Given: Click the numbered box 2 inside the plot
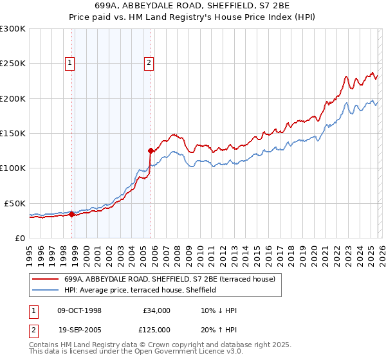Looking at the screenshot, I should point(149,62).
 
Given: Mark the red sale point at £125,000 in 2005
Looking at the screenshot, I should point(151,151).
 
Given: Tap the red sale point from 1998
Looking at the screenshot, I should point(71,215).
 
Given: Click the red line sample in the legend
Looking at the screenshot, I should point(45,279).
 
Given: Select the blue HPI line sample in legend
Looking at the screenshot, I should point(45,290).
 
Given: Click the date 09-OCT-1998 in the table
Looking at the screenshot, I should point(79,310).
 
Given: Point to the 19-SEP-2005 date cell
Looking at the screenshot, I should point(79,329).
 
